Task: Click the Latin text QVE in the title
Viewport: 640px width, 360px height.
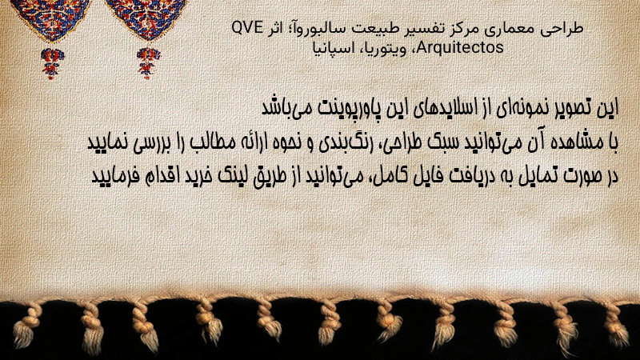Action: point(247,28)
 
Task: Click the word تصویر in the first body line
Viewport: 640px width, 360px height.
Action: point(568,108)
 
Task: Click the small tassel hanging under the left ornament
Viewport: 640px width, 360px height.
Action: point(51,63)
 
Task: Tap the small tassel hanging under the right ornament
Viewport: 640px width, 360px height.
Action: point(148,62)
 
